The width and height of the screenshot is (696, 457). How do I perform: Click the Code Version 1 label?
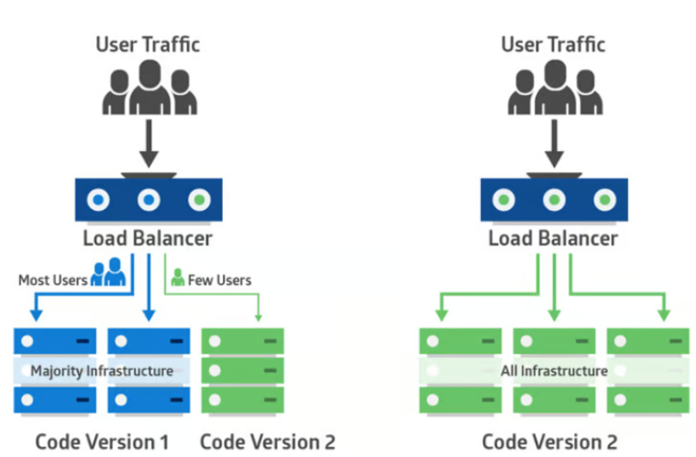click(101, 442)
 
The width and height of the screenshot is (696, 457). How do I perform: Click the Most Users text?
click(53, 280)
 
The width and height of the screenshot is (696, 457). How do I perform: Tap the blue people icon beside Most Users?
click(108, 273)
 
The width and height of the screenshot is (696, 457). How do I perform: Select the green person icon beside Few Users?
click(178, 277)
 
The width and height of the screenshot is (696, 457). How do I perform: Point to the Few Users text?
click(220, 280)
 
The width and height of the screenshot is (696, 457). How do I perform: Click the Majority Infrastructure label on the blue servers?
click(101, 371)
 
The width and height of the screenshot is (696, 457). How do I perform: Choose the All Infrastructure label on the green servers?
click(554, 371)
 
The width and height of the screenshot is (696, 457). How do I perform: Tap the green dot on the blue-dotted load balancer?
click(200, 201)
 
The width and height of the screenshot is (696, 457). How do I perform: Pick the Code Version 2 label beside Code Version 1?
click(268, 442)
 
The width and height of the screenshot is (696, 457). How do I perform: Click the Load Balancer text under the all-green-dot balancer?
click(553, 238)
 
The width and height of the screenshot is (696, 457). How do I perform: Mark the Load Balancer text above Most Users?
click(148, 238)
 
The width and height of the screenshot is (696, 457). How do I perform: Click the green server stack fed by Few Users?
click(242, 370)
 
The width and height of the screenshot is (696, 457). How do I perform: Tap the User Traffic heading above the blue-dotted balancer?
click(148, 44)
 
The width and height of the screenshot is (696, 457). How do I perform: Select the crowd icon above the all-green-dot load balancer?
click(554, 88)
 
